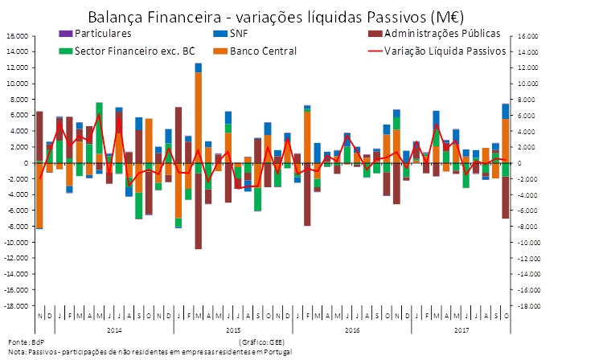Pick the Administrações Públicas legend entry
coord(442,34)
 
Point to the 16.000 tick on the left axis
coord(17,36)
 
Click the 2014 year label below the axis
coord(113,329)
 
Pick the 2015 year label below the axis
coord(233,329)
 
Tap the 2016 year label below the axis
coord(352,329)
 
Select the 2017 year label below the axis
coord(461,329)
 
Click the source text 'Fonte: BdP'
coord(26,342)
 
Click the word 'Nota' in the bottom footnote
coord(17,352)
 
